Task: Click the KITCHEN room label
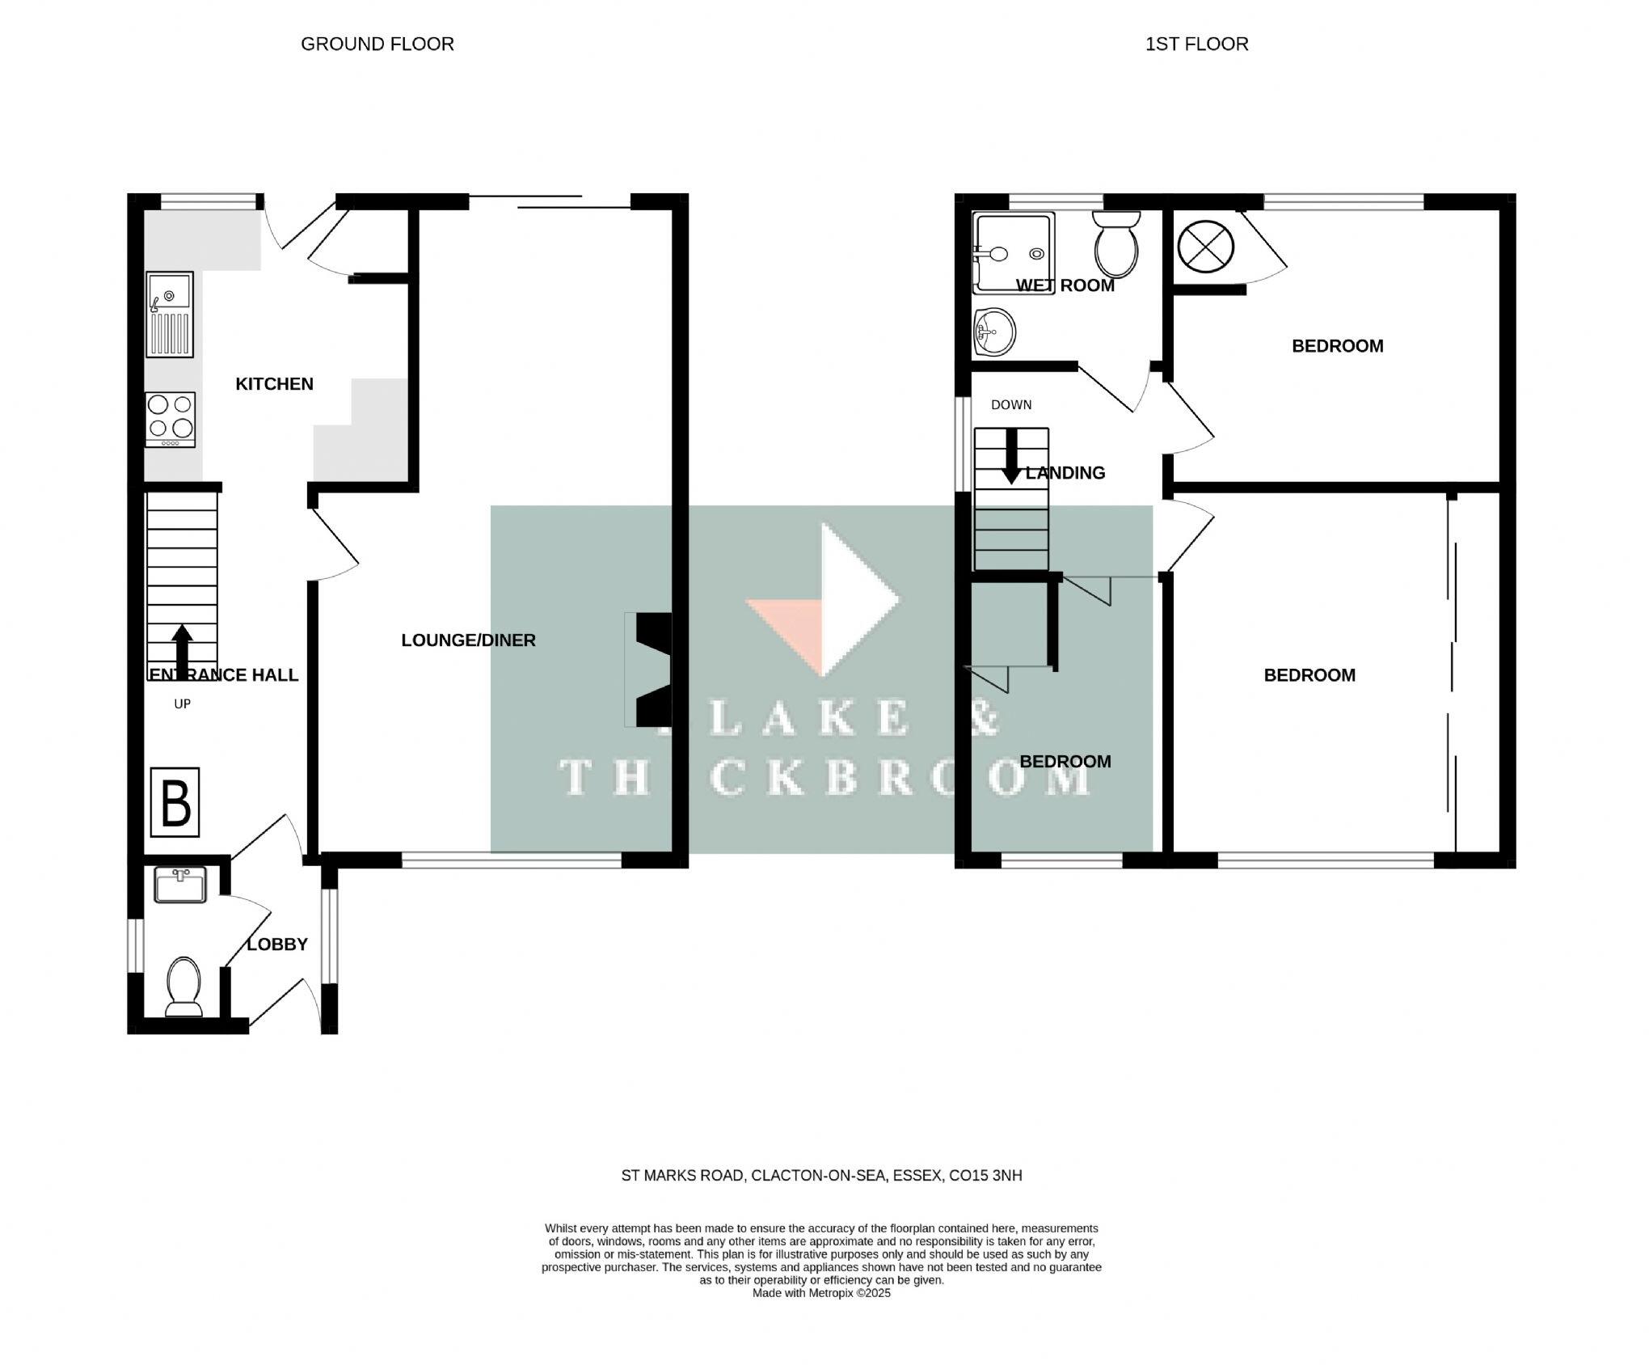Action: click(274, 384)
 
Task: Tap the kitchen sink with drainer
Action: click(170, 315)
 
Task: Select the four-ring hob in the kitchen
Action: click(171, 418)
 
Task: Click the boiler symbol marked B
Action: click(175, 801)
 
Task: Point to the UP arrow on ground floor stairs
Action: click(183, 650)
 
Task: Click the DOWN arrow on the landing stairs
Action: click(1010, 457)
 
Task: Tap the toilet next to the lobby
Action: click(183, 986)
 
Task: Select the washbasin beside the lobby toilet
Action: click(180, 885)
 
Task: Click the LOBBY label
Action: click(277, 945)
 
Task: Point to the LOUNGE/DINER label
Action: click(468, 640)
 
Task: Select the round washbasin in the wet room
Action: click(995, 331)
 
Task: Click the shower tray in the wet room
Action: click(1014, 251)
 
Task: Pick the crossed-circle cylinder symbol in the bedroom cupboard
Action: click(1205, 245)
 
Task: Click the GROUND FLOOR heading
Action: click(377, 44)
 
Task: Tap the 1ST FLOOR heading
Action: click(1196, 44)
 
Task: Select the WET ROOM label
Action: click(1065, 285)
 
